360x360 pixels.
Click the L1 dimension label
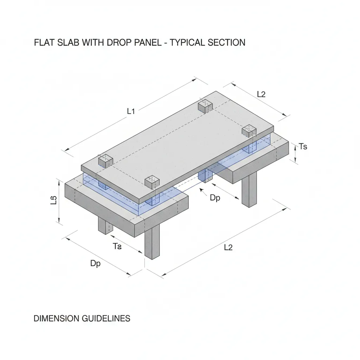tap(131, 111)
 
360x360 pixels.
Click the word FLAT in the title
tap(44, 43)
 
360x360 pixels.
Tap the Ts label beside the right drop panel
tap(302, 147)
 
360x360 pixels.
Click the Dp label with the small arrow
tap(215, 198)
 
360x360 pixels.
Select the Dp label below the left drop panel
tap(95, 263)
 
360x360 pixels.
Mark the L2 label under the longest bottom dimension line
tap(228, 247)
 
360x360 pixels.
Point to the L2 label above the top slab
tap(261, 94)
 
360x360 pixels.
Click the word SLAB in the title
tap(68, 43)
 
